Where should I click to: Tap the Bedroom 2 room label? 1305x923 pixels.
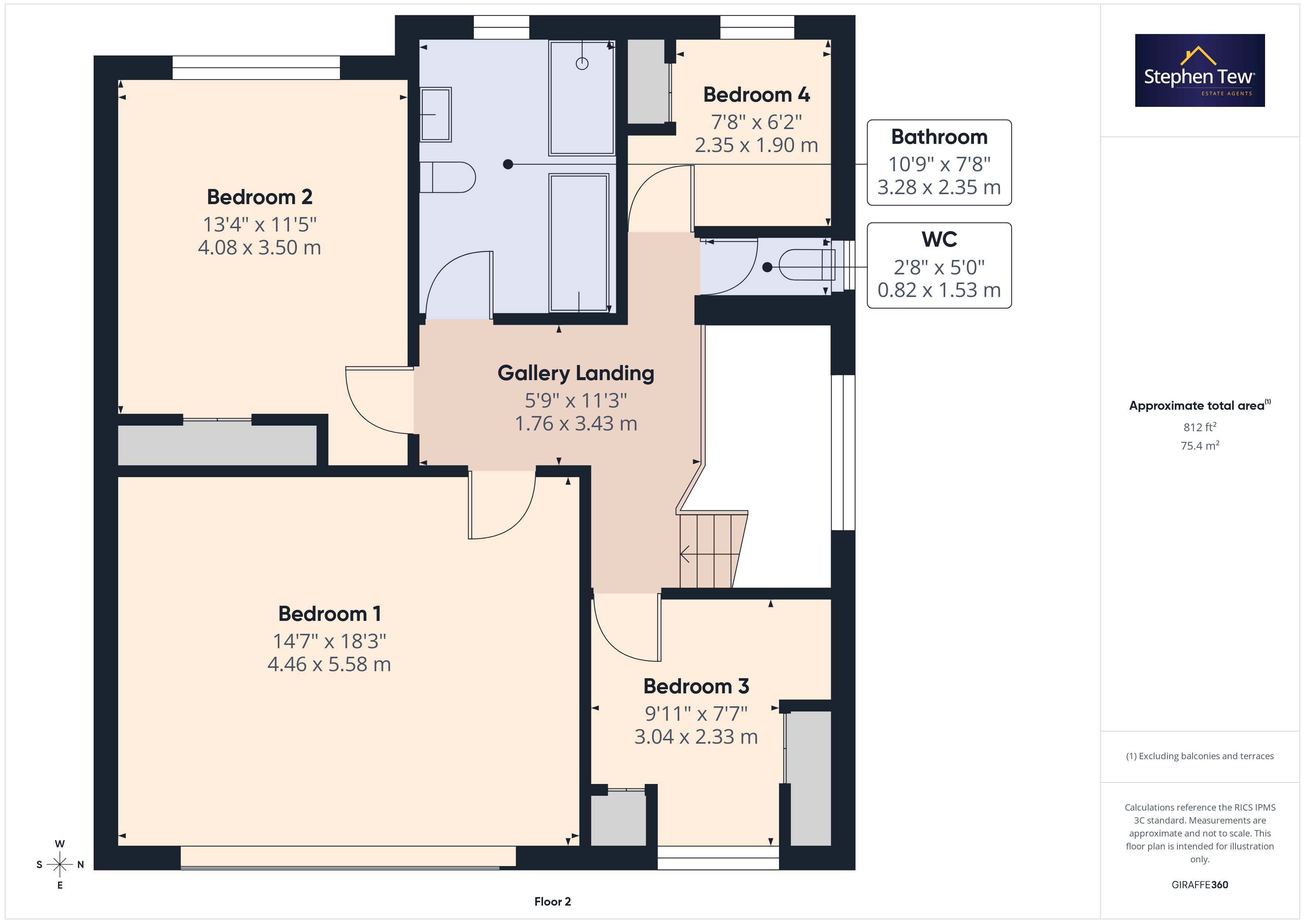260,197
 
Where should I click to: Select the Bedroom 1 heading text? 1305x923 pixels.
330,614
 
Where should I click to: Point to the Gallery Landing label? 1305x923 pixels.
576,373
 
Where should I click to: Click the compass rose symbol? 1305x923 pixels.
60,865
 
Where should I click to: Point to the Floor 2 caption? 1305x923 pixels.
553,902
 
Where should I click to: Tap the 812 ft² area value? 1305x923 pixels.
1200,427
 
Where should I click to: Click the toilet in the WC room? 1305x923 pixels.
806,266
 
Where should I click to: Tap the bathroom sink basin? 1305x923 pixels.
435,114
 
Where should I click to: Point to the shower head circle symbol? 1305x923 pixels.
582,64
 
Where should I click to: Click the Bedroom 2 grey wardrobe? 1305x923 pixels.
217,445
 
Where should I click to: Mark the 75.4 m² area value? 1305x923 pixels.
1200,446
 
